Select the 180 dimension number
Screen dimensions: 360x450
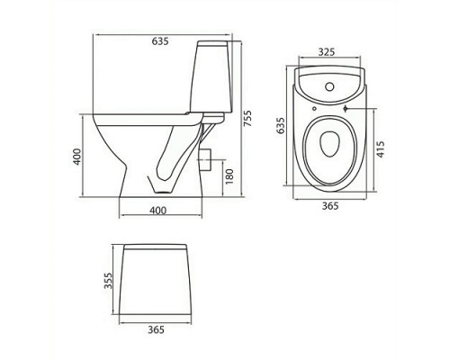(x=229, y=176)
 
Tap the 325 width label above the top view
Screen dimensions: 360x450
(x=328, y=52)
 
